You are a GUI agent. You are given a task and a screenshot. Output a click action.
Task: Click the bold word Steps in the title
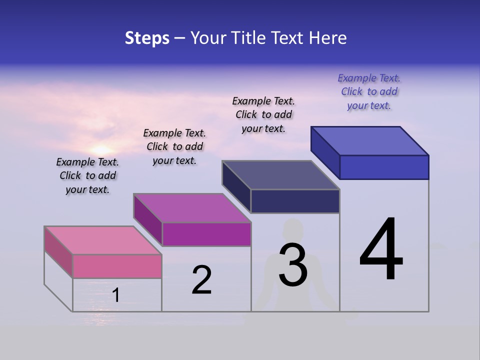(147, 38)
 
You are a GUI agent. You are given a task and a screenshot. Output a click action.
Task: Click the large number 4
(381, 250)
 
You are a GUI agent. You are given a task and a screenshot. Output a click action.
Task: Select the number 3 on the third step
(293, 265)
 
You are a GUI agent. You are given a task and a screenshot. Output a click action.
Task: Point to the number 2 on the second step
(201, 280)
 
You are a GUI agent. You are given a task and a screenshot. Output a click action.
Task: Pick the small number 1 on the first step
(116, 295)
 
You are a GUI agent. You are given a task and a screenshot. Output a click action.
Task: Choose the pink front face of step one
(117, 266)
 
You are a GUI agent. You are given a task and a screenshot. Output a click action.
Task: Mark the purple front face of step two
(206, 234)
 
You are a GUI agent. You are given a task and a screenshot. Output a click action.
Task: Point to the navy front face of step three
(295, 201)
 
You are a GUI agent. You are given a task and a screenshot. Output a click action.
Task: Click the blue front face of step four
(384, 167)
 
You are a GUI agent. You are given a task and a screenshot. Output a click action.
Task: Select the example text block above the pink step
(87, 175)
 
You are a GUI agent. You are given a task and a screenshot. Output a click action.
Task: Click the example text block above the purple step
(174, 146)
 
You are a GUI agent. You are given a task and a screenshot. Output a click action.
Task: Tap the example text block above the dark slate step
(263, 114)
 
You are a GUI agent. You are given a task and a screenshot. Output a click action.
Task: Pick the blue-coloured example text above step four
(369, 91)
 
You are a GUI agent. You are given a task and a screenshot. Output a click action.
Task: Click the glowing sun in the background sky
(101, 149)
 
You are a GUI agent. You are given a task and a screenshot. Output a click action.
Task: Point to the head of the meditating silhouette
(292, 230)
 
